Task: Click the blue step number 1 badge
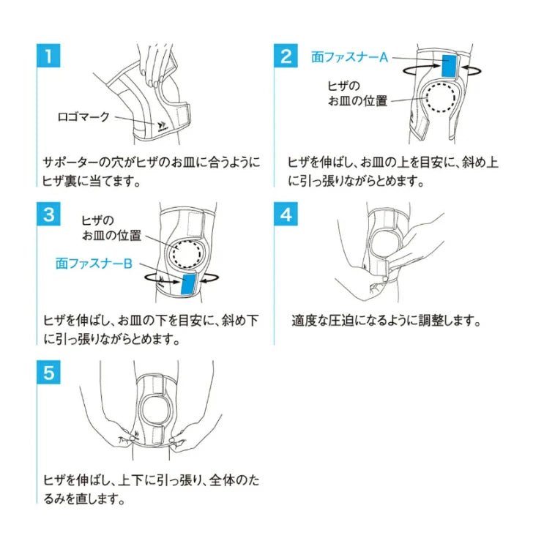click(x=48, y=56)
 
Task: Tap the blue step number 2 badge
click(x=286, y=56)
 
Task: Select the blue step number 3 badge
click(x=48, y=214)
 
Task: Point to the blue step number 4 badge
click(x=286, y=214)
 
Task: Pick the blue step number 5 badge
click(x=48, y=373)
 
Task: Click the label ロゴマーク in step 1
click(x=83, y=117)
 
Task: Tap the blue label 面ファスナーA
click(x=349, y=57)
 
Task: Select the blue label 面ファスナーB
click(x=94, y=264)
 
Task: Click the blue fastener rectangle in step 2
click(x=449, y=66)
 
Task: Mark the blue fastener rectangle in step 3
click(x=189, y=284)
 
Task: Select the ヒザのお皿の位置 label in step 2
click(x=357, y=94)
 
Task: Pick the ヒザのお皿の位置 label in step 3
click(x=111, y=228)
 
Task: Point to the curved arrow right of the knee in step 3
click(x=210, y=277)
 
